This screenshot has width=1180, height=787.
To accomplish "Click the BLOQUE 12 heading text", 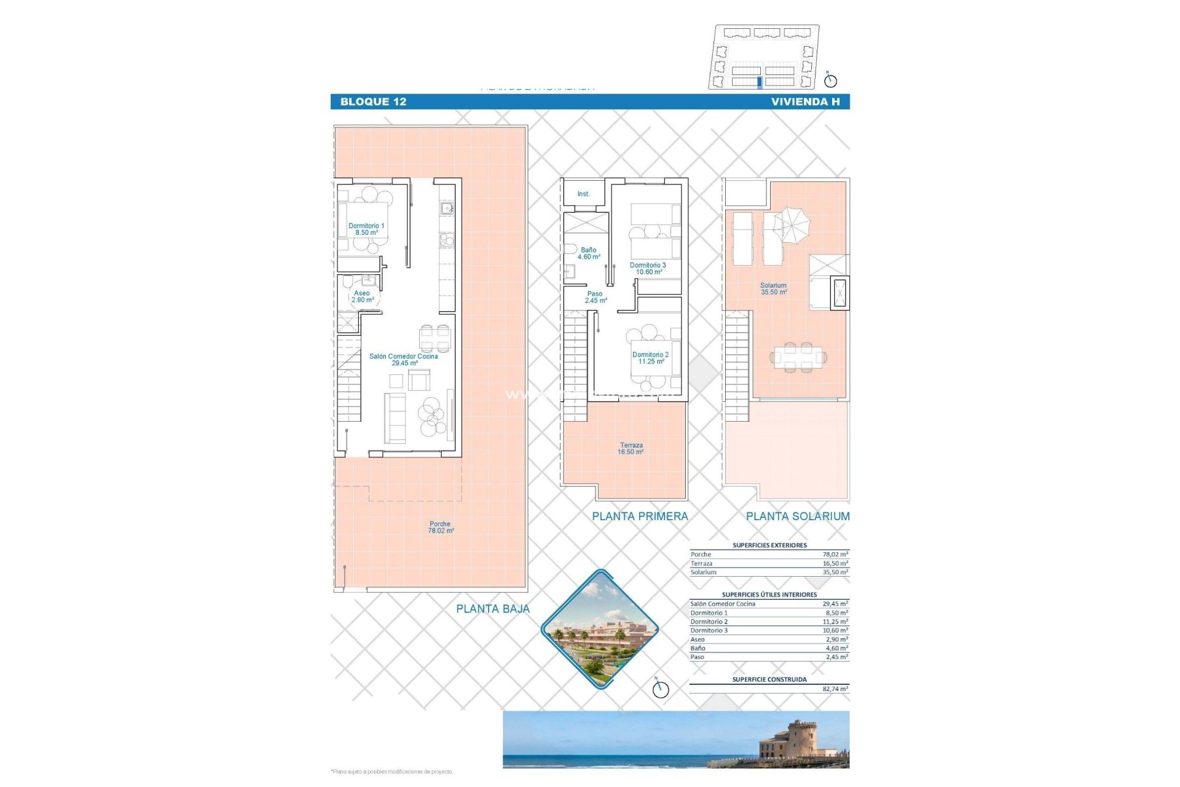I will tap(373, 102).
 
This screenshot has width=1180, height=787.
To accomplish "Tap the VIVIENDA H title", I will tap(805, 102).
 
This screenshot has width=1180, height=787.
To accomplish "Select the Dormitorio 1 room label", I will tap(366, 229).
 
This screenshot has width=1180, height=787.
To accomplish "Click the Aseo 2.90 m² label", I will tap(362, 296).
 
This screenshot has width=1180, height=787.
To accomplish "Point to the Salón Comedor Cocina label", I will tap(404, 360).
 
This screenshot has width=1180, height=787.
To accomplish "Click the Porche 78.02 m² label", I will tap(441, 527).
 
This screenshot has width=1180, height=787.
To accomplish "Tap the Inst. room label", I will tap(583, 194).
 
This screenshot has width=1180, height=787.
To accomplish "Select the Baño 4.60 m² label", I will tap(588, 253).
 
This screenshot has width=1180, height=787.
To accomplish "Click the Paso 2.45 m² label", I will tap(595, 297).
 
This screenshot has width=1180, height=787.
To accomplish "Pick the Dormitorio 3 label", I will tap(648, 268).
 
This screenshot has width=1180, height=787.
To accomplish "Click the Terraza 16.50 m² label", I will tap(631, 448).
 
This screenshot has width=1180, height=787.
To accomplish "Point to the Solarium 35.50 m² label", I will tap(773, 288).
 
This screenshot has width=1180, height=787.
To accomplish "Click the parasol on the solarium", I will tap(792, 223).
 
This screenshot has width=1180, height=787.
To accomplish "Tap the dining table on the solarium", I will tap(798, 357).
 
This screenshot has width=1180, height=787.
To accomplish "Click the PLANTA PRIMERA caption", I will tap(640, 516).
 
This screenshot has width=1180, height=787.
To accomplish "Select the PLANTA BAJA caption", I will tap(492, 609).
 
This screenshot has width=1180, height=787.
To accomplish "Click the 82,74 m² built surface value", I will tap(835, 689).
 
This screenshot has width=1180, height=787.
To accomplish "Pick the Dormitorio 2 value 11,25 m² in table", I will tap(835, 622).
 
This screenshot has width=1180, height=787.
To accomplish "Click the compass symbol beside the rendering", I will tap(660, 689).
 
